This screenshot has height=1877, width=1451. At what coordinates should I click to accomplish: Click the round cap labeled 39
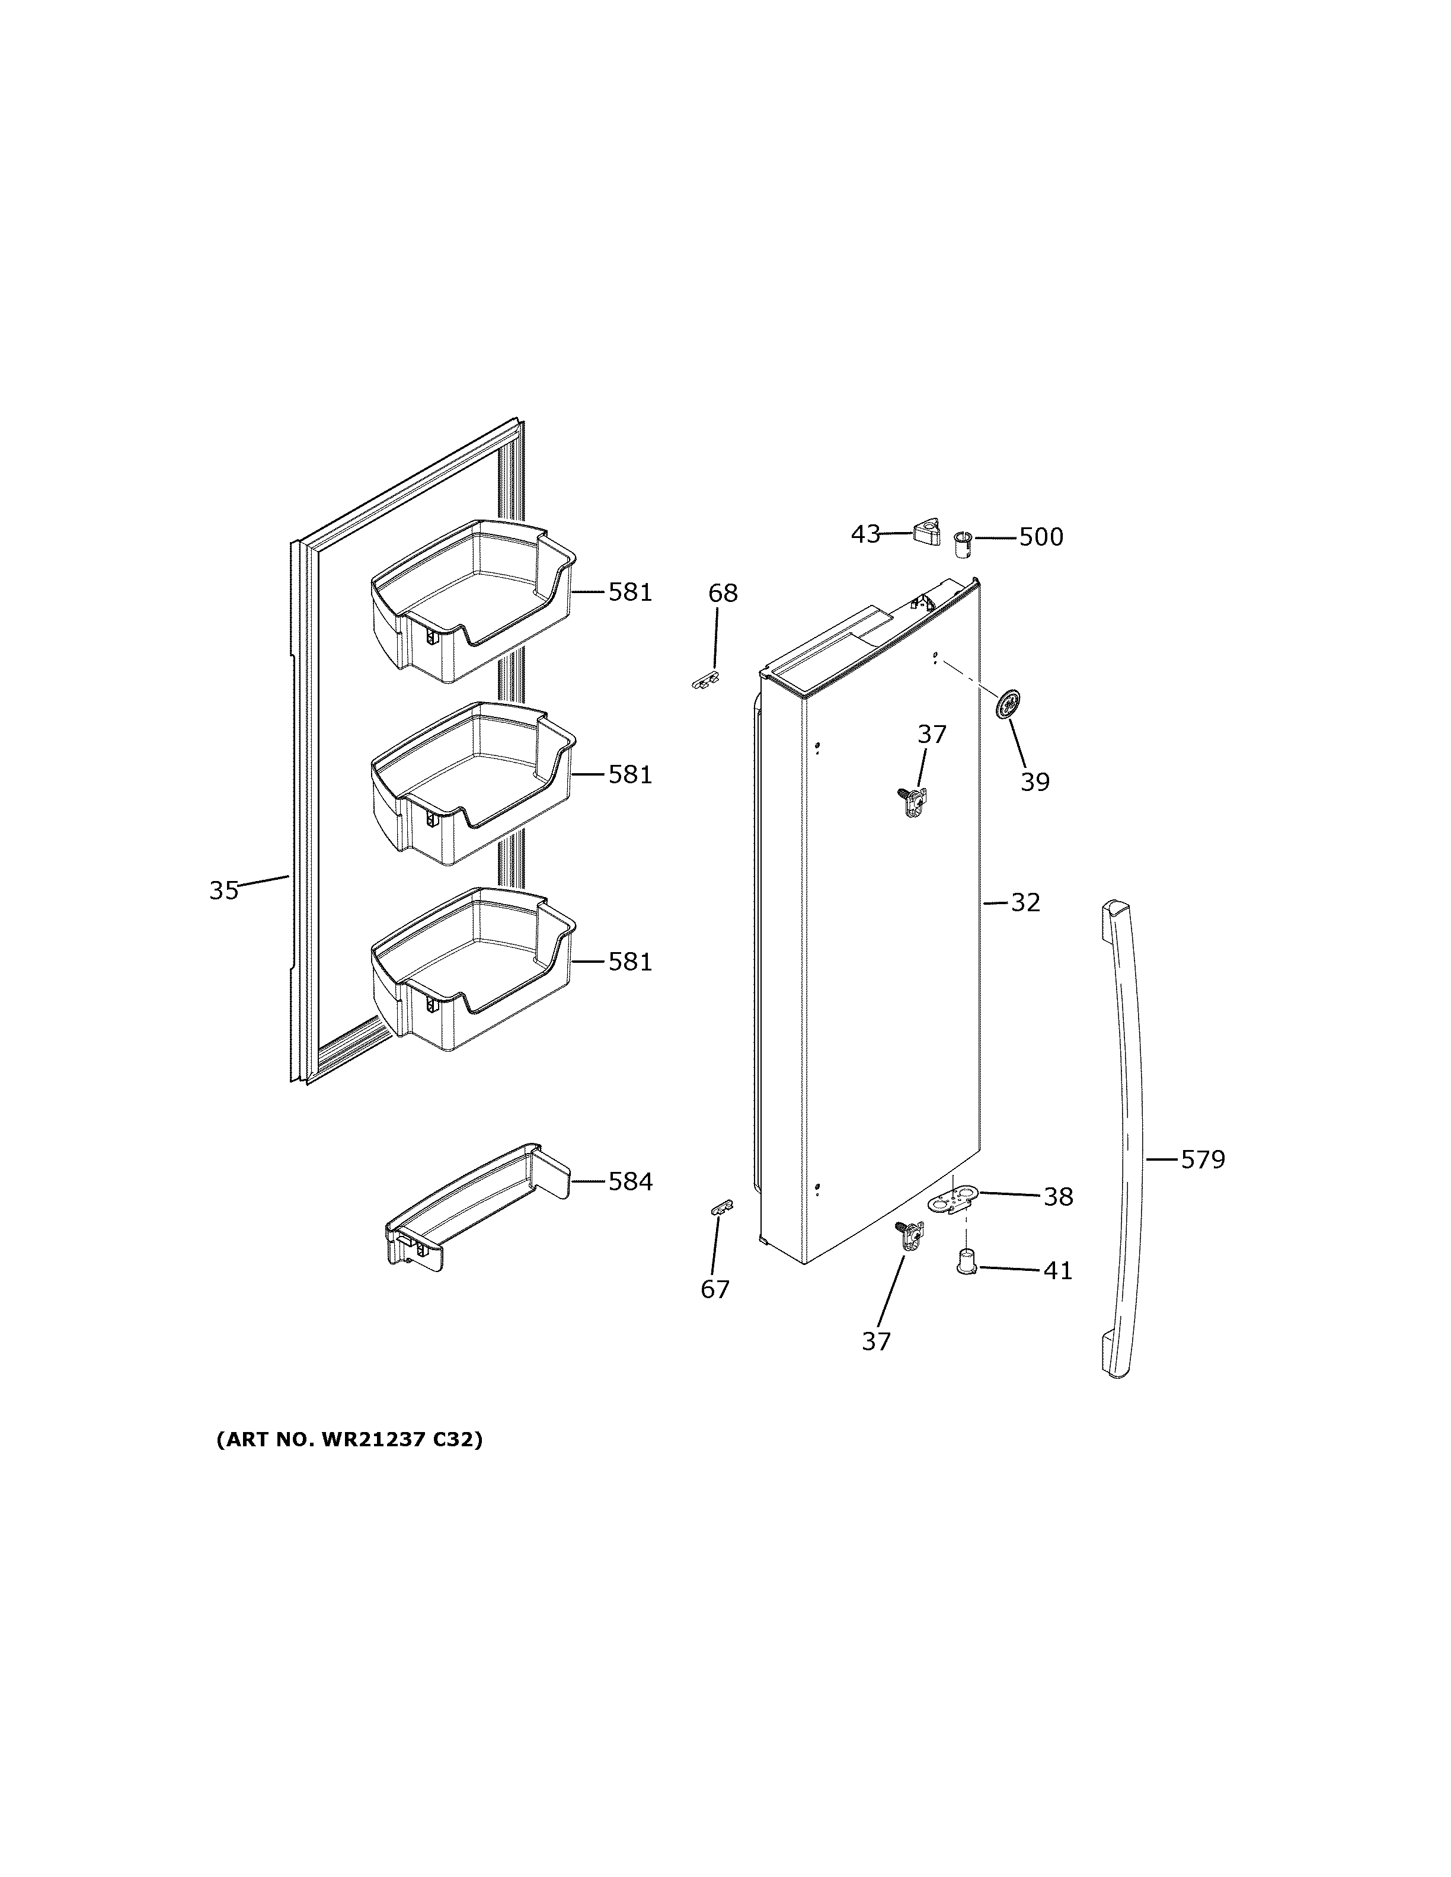[1008, 704]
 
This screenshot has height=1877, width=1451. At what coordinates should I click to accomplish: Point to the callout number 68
[723, 593]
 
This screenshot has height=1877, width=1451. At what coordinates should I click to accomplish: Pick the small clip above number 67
[721, 1207]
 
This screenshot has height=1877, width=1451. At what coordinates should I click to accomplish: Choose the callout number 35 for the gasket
[223, 891]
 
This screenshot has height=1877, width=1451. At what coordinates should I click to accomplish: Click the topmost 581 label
[630, 592]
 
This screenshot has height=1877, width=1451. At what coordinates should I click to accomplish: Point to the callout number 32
[1025, 902]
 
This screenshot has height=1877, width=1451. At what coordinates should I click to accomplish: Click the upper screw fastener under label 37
[913, 801]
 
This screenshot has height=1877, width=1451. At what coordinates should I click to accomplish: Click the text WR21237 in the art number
[374, 1440]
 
